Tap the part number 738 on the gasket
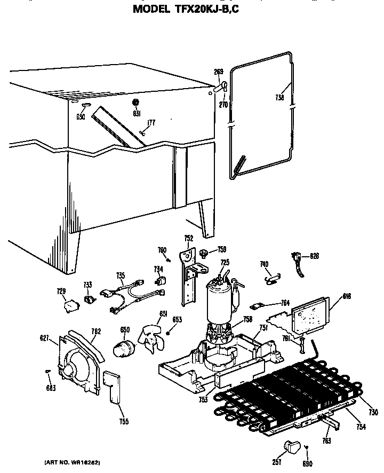[279, 98]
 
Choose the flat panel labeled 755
[114, 387]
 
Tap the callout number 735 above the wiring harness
[121, 276]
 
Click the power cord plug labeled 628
[296, 259]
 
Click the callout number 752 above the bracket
[188, 238]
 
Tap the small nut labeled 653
[168, 334]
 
